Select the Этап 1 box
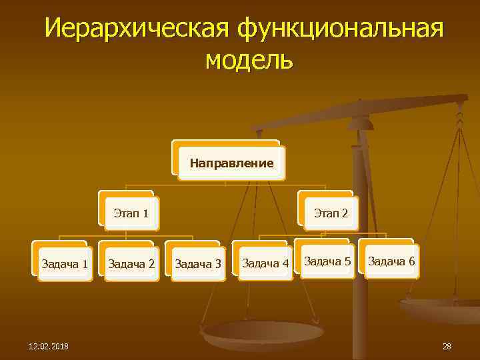(x=131, y=214)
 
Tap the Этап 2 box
(x=331, y=214)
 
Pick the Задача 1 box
(x=65, y=263)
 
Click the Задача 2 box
(x=131, y=264)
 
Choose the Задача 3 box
(x=197, y=264)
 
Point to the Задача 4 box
(x=265, y=264)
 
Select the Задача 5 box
(x=327, y=261)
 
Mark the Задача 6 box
(x=391, y=261)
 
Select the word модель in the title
(x=249, y=60)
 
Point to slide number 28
(x=447, y=346)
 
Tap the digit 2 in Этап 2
(x=345, y=214)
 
